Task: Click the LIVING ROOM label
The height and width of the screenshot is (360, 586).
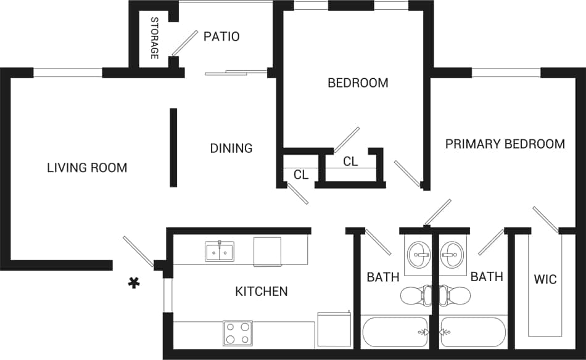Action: [x=87, y=168]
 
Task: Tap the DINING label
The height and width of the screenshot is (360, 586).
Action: [x=231, y=148]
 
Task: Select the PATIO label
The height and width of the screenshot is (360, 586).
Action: [x=221, y=36]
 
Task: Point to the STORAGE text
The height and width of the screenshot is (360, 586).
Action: [x=155, y=38]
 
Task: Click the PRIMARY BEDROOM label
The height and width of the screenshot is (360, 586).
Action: [x=505, y=144]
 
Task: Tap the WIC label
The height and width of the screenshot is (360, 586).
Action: [x=545, y=279]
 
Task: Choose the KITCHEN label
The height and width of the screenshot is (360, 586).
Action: [x=262, y=291]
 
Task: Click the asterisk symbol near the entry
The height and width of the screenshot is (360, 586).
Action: [x=133, y=283]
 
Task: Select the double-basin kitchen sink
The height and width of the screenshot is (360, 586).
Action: [x=220, y=252]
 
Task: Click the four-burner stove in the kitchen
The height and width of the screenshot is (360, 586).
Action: [x=237, y=333]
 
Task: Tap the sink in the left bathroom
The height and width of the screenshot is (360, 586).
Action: [x=421, y=253]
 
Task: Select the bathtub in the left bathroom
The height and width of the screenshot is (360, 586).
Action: [x=395, y=332]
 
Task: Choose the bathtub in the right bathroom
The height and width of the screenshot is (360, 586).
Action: [x=474, y=332]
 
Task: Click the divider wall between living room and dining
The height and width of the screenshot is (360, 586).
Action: [x=174, y=148]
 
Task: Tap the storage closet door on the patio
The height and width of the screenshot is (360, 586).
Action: [x=184, y=43]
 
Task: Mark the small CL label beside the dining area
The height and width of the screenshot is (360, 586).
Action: [x=300, y=175]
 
